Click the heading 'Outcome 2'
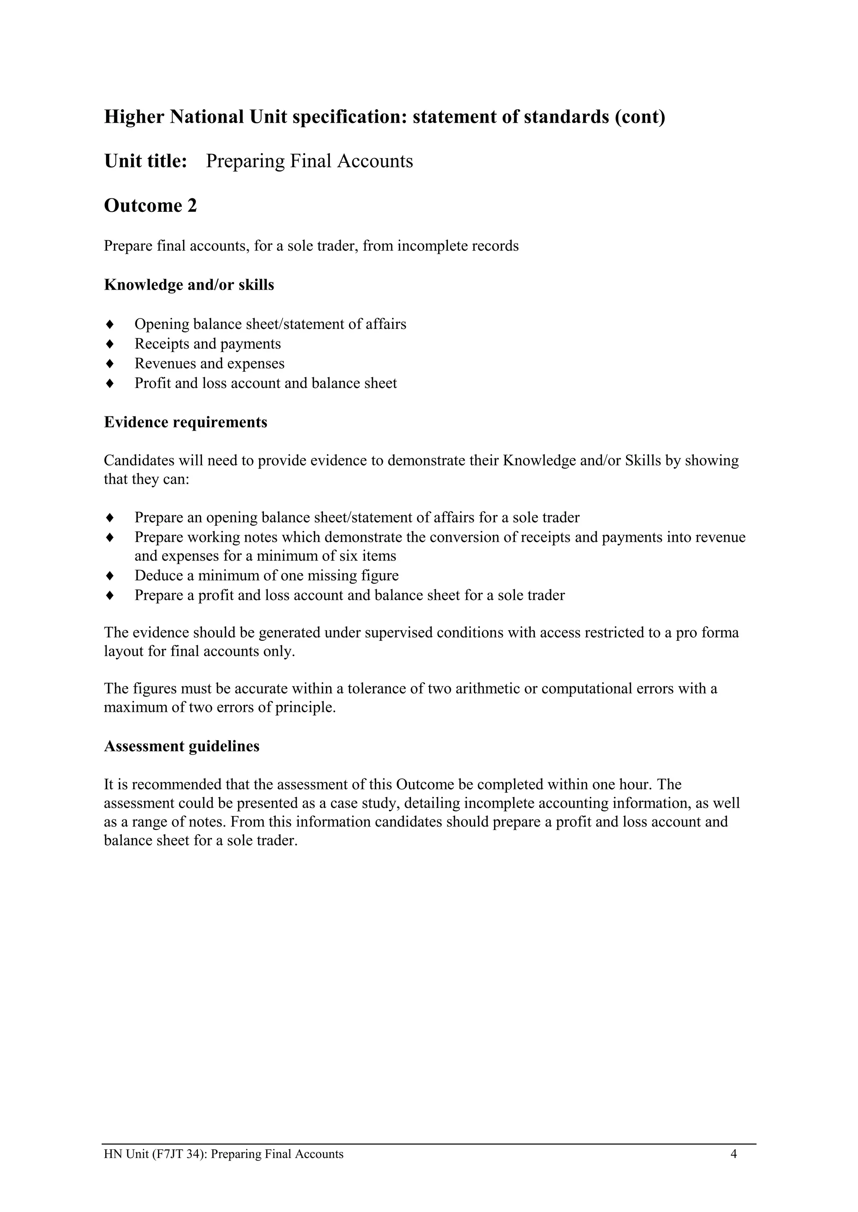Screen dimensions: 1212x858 point(150,205)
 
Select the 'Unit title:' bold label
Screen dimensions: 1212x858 point(146,161)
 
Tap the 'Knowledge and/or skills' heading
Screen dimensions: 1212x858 point(189,285)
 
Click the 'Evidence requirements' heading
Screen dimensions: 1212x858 point(186,422)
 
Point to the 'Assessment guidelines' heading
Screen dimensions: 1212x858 point(182,746)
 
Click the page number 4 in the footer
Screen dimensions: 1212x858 point(733,1154)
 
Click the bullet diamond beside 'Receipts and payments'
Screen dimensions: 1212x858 point(110,344)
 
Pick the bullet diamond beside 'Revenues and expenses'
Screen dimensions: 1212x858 point(110,364)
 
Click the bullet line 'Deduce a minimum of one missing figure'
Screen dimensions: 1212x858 point(266,575)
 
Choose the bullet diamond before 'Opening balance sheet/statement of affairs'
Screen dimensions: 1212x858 point(110,324)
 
